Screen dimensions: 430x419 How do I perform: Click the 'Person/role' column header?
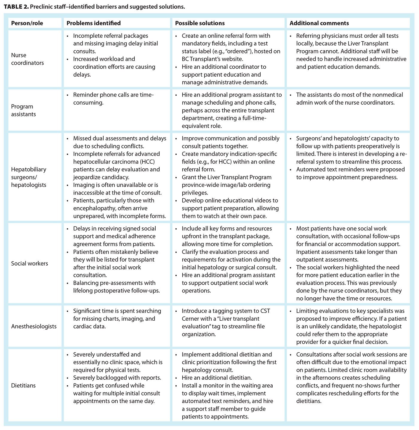[27, 23]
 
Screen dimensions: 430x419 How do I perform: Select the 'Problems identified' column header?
[94, 23]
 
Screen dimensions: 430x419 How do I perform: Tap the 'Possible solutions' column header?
[200, 23]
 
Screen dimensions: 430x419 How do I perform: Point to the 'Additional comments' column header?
[319, 23]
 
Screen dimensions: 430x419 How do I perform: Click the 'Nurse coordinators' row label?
[28, 59]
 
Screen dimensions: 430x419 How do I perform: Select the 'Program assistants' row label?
[24, 110]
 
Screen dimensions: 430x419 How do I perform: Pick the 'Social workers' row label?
[30, 263]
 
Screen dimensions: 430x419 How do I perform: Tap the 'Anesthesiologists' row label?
[34, 326]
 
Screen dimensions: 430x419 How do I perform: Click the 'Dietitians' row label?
[23, 386]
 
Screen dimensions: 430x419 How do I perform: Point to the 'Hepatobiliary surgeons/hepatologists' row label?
[29, 177]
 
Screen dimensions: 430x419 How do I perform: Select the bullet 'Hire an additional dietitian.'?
[217, 378]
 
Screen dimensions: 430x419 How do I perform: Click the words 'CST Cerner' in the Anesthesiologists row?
[260, 315]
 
